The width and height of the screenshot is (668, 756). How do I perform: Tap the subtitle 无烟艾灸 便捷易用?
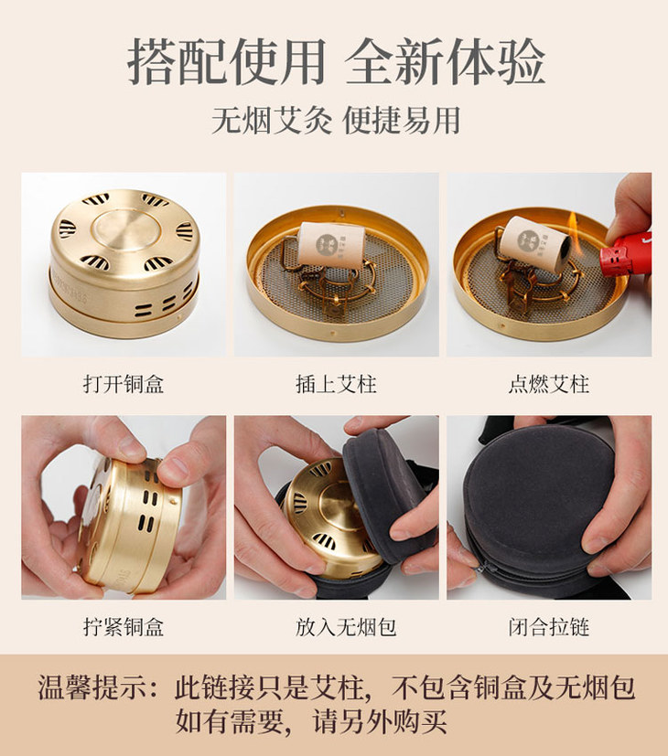[x=335, y=121]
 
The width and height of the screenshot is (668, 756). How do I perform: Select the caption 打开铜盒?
[x=123, y=384]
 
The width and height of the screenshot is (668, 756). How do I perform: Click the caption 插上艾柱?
[x=335, y=384]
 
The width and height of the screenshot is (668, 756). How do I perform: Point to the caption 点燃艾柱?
[x=548, y=384]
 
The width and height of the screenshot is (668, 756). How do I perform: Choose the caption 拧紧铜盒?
[x=123, y=627]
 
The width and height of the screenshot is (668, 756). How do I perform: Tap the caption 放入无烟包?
[x=335, y=627]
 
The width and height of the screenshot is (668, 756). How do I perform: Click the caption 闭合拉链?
[x=548, y=627]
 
